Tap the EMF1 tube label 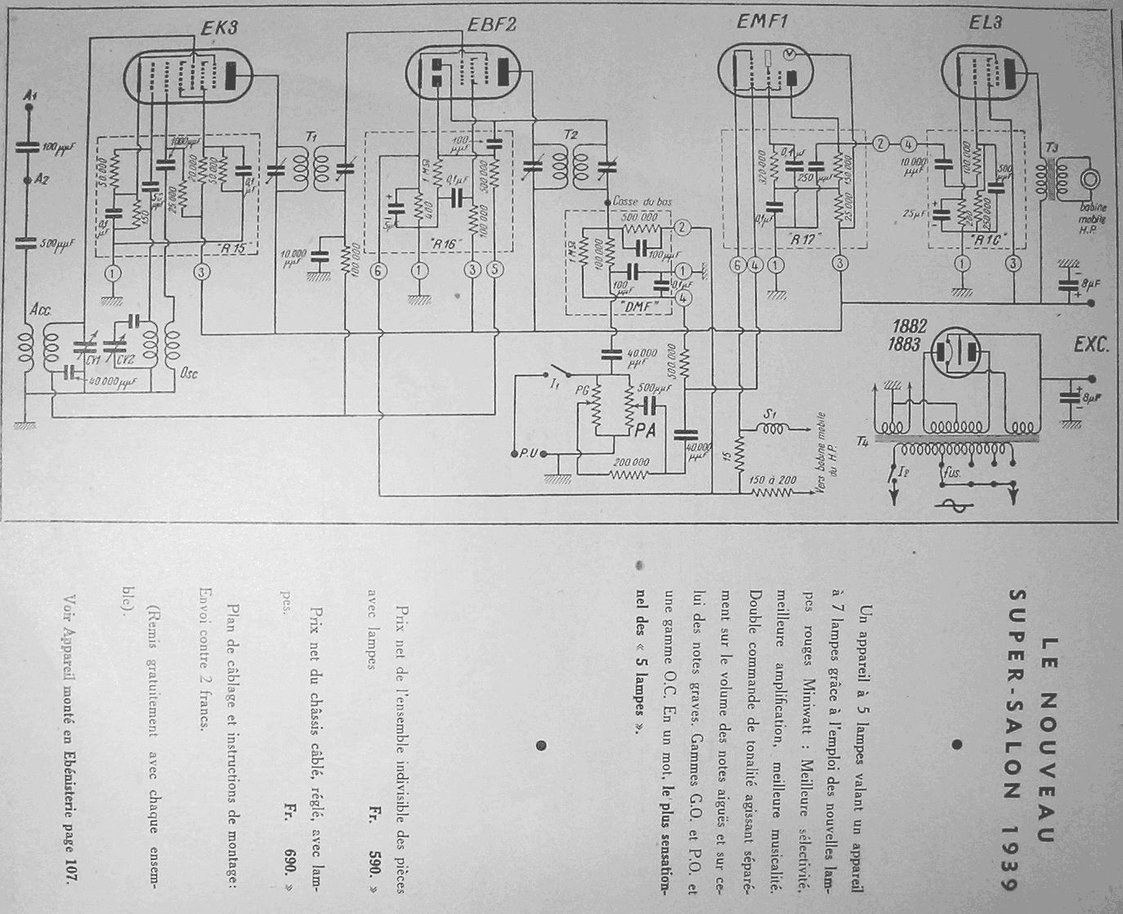pyautogui.click(x=762, y=23)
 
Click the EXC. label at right pyautogui.click(x=1091, y=346)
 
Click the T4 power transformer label pyautogui.click(x=862, y=442)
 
